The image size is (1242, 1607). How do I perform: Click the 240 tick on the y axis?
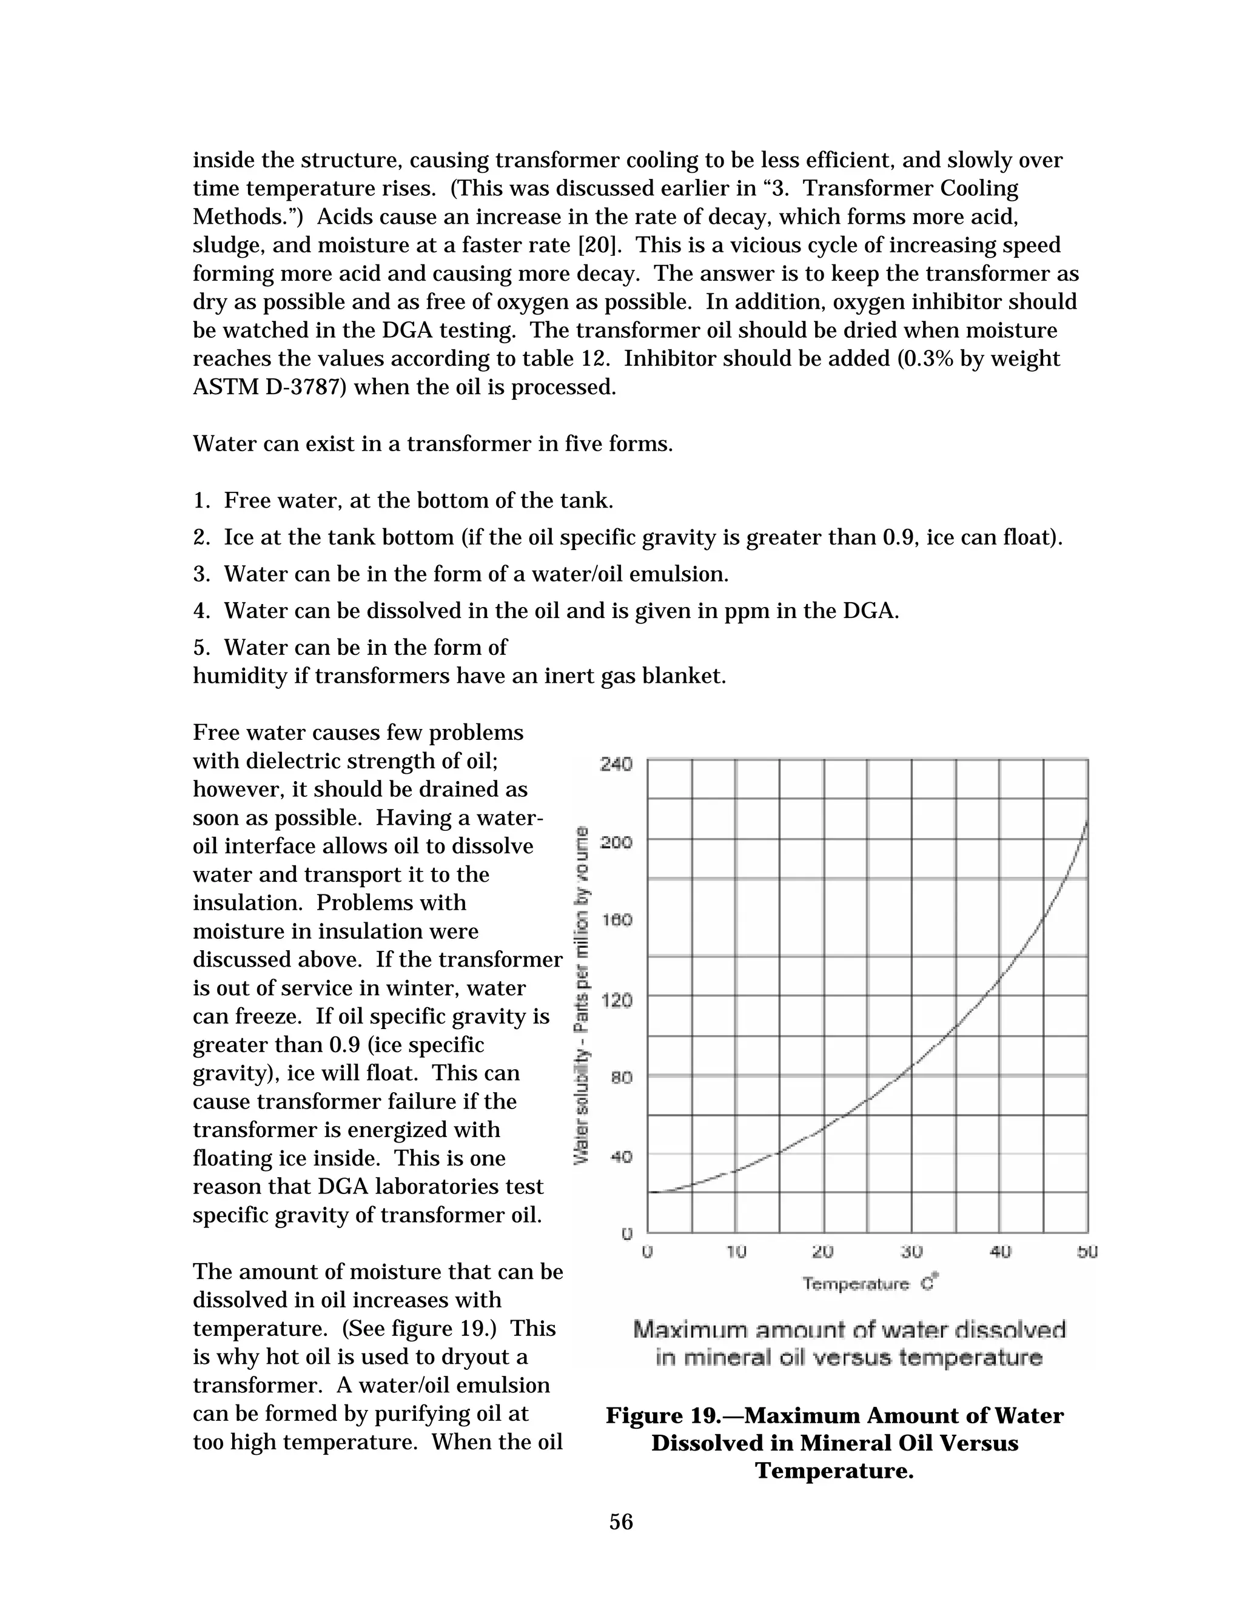pyautogui.click(x=616, y=763)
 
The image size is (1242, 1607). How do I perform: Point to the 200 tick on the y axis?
pyautogui.click(x=616, y=842)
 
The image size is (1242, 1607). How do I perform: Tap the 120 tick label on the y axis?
pyautogui.click(x=616, y=1000)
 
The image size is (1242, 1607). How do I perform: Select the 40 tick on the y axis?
pyautogui.click(x=620, y=1156)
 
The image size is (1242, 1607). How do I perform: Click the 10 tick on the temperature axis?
pyautogui.click(x=736, y=1252)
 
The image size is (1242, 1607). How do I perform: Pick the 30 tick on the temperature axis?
pyautogui.click(x=911, y=1252)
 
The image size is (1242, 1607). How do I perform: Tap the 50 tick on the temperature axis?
pyautogui.click(x=1087, y=1252)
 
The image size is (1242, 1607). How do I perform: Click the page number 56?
pyautogui.click(x=621, y=1521)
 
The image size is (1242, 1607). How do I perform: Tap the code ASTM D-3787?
pyautogui.click(x=269, y=387)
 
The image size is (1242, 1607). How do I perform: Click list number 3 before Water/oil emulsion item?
pyautogui.click(x=201, y=574)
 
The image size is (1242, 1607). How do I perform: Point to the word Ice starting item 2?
pyautogui.click(x=238, y=537)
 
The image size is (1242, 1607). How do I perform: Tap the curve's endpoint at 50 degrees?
pyautogui.click(x=1087, y=821)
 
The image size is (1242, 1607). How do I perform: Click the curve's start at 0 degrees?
pyautogui.click(x=650, y=1191)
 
